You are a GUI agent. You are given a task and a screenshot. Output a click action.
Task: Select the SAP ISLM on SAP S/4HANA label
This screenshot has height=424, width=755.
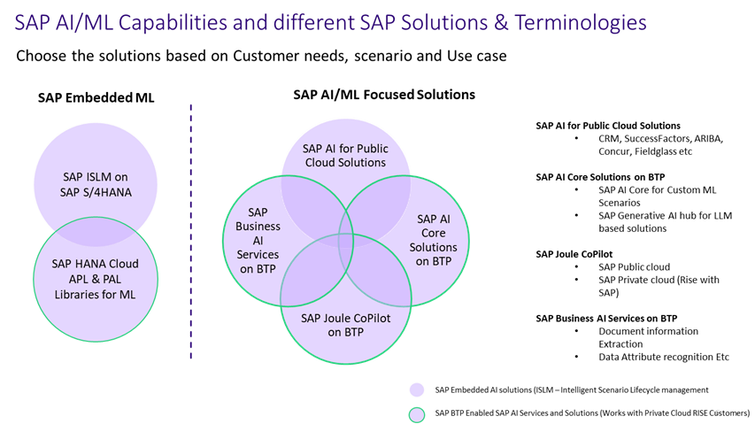click(x=96, y=183)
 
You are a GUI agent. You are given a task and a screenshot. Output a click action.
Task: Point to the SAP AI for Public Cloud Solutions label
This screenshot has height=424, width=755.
click(x=345, y=155)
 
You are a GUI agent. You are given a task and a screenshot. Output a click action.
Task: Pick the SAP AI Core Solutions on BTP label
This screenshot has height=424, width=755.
click(x=434, y=239)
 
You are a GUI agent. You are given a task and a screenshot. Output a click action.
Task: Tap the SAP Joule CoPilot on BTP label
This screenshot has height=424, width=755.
click(x=345, y=325)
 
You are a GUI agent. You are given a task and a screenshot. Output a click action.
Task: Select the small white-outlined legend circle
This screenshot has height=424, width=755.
click(x=416, y=389)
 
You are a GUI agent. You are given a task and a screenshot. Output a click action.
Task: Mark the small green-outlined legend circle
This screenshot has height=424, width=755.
click(x=416, y=414)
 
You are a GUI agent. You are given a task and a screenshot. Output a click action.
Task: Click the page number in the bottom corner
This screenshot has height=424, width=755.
click(x=716, y=412)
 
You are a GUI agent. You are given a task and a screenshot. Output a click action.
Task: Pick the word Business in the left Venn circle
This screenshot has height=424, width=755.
click(x=258, y=226)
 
